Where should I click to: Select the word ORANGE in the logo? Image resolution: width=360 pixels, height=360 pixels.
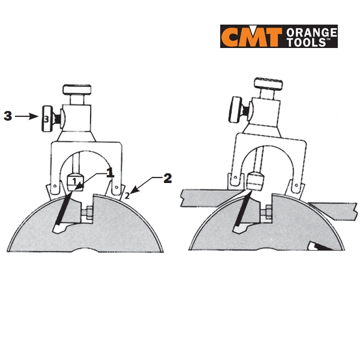(x=311, y=32)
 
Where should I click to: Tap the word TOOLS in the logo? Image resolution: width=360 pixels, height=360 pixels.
(x=306, y=43)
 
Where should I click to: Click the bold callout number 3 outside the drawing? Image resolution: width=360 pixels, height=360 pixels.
(x=8, y=116)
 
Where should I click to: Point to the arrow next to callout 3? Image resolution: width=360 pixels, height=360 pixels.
(x=26, y=116)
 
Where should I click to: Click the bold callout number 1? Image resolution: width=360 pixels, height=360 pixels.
(x=110, y=172)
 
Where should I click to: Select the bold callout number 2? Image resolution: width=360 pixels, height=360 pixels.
(x=167, y=178)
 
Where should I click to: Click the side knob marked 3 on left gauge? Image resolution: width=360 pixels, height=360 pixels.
(x=47, y=119)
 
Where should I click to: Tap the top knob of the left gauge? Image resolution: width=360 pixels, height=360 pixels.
(x=77, y=89)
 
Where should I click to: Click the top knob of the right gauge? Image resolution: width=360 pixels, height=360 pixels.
(x=268, y=83)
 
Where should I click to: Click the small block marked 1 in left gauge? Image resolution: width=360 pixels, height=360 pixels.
(x=75, y=182)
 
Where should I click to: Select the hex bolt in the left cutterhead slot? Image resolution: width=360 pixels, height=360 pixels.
(x=89, y=213)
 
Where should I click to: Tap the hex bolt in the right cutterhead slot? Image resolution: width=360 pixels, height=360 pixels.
(x=268, y=212)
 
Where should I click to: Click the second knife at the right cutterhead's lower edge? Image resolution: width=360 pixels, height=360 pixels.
(x=321, y=247)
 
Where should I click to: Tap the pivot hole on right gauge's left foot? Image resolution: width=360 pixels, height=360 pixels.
(x=235, y=177)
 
